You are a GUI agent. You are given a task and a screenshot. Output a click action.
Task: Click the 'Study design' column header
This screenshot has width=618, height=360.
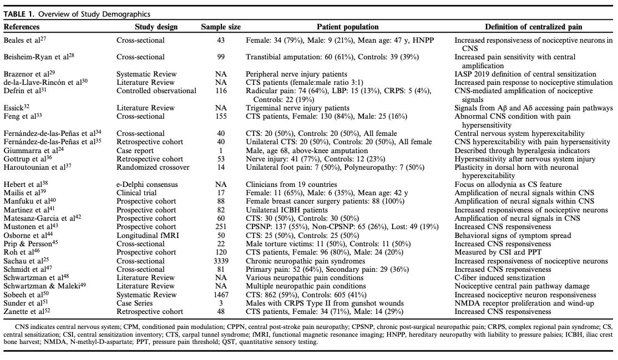click(x=156, y=27)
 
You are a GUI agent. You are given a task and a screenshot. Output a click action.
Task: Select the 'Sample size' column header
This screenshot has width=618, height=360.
click(x=221, y=27)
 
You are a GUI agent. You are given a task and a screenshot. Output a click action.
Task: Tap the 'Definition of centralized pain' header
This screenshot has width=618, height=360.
click(x=534, y=27)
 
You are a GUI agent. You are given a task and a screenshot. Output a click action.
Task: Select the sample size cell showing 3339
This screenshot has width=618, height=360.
click(x=221, y=261)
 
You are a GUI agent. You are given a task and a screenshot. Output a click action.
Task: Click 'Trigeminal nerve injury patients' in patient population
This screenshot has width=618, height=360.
click(x=297, y=108)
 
